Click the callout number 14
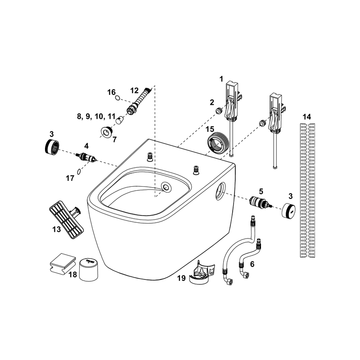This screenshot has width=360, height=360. tap(307, 117)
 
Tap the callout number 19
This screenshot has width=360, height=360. tap(181, 278)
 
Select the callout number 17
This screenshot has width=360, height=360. tap(70, 178)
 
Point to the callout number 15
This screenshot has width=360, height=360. tap(210, 129)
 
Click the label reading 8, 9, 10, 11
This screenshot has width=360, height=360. tap(96, 116)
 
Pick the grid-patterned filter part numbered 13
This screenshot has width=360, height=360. tap(67, 220)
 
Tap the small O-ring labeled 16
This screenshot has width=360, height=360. tap(117, 98)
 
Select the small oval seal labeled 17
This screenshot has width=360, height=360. tap(79, 172)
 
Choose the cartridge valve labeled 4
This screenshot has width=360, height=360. tap(86, 157)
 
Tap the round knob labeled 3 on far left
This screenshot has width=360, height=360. tap(52, 146)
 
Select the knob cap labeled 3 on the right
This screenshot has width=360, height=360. tap(288, 210)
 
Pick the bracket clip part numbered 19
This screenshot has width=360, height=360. tap(202, 272)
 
